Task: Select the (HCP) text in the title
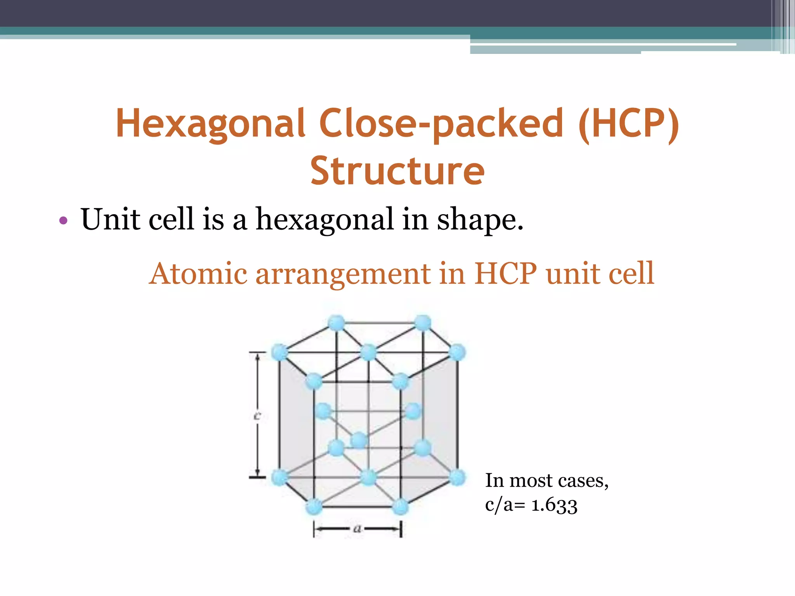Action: pyautogui.click(x=628, y=123)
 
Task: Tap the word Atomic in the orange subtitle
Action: pyautogui.click(x=198, y=274)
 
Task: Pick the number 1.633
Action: pyautogui.click(x=554, y=505)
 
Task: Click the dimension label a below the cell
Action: pyautogui.click(x=357, y=528)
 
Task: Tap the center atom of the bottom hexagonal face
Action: pyautogui.click(x=368, y=477)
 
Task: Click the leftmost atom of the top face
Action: pyautogui.click(x=279, y=352)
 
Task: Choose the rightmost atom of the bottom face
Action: pyautogui.click(x=457, y=477)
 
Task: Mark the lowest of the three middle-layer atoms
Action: pyautogui.click(x=359, y=440)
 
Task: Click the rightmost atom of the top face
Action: pyautogui.click(x=457, y=352)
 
